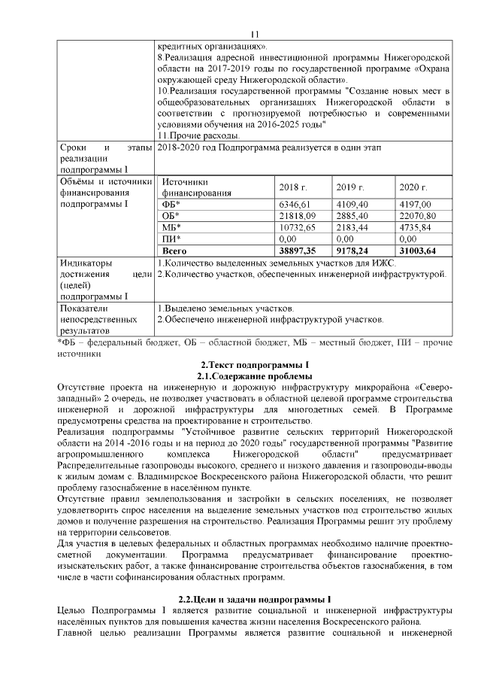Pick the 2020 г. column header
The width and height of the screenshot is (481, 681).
[x=413, y=187]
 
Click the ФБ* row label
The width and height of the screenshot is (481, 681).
[x=171, y=204]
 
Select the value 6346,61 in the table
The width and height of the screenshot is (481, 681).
[x=294, y=204]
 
